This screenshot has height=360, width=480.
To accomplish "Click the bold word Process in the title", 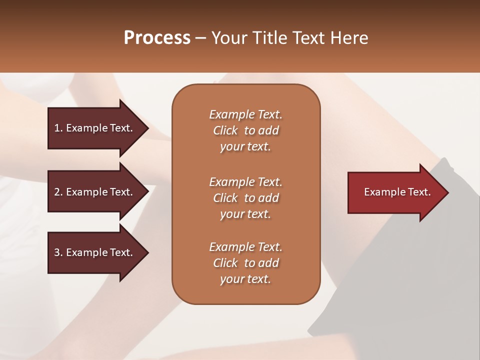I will [x=157, y=38].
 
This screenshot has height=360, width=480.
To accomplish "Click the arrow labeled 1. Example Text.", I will [x=93, y=128].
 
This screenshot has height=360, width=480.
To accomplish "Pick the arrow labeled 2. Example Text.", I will [x=93, y=192].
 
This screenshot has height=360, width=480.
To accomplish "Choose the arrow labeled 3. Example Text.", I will [x=93, y=252].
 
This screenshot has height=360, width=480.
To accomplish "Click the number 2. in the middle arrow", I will [x=58, y=192].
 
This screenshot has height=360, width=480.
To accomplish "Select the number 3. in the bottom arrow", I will [x=58, y=252].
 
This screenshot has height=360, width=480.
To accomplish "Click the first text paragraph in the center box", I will [x=245, y=130].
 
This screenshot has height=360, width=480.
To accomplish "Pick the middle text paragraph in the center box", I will [x=245, y=197].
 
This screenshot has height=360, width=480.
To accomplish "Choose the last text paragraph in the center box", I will [x=245, y=263].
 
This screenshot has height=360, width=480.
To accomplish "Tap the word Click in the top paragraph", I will [x=225, y=130].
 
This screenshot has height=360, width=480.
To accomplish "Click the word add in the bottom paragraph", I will [x=268, y=263].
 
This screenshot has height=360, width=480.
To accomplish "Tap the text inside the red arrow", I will [x=397, y=192].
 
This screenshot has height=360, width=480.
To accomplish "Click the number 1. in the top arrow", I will [x=58, y=128].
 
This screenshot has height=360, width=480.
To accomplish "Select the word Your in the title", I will [x=229, y=38].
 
